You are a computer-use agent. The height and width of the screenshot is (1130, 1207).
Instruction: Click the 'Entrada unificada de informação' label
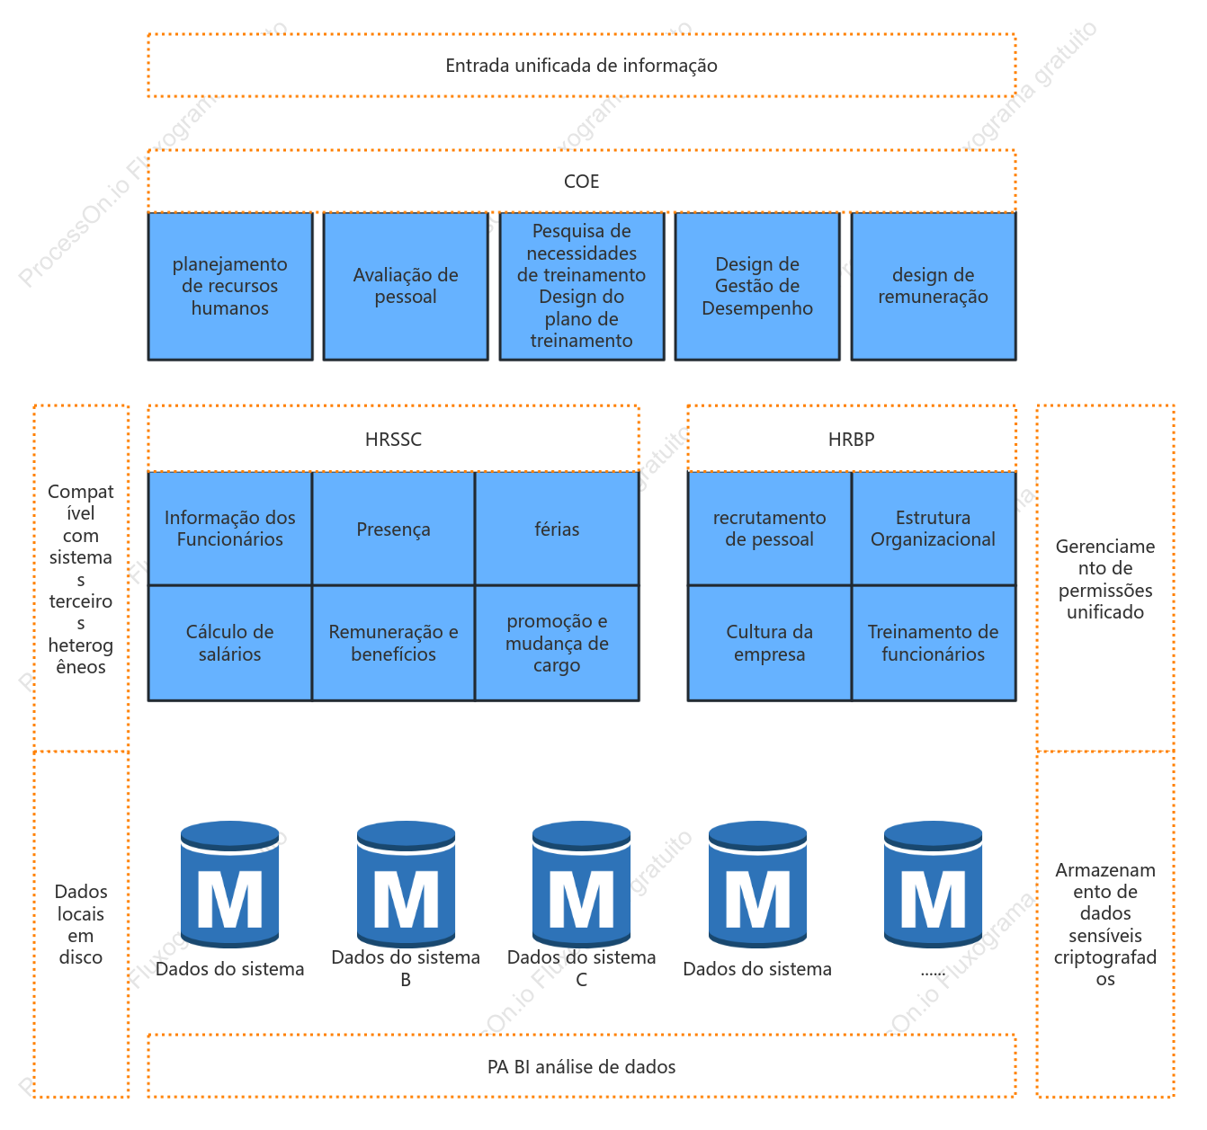tap(581, 66)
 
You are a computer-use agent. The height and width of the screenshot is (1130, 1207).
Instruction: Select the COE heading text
tap(581, 181)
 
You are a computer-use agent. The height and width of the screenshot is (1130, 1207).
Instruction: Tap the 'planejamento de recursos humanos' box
tap(229, 286)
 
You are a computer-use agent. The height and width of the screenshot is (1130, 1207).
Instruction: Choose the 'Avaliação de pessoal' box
tap(406, 286)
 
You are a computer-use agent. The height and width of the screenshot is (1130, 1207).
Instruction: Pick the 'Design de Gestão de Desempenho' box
tap(756, 286)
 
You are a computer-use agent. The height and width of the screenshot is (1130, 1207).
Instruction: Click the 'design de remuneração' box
tap(933, 286)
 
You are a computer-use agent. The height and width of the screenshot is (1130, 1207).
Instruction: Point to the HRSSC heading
tap(393, 440)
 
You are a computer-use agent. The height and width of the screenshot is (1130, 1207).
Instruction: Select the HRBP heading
tap(851, 440)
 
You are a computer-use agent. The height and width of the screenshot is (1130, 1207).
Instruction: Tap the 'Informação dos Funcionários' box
tap(229, 529)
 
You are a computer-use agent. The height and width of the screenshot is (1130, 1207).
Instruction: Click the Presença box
tap(393, 529)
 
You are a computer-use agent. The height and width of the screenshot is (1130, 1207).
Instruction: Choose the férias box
tap(557, 529)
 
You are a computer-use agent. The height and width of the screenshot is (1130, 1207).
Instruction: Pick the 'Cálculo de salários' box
tap(229, 643)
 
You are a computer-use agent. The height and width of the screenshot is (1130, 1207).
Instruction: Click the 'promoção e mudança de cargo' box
tap(557, 643)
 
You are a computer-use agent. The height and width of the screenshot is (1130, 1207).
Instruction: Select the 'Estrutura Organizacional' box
tap(933, 529)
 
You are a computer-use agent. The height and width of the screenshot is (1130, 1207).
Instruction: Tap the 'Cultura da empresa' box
tap(769, 643)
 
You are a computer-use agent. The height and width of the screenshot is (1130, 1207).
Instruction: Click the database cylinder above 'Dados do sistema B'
tap(406, 884)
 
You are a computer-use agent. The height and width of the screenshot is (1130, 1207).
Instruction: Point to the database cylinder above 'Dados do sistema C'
tap(581, 884)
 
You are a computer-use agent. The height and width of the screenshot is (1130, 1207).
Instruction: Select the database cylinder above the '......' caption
tap(933, 884)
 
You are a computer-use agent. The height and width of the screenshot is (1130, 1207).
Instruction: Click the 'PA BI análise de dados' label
tap(581, 1067)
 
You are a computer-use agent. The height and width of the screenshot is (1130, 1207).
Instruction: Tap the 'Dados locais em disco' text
tap(81, 924)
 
